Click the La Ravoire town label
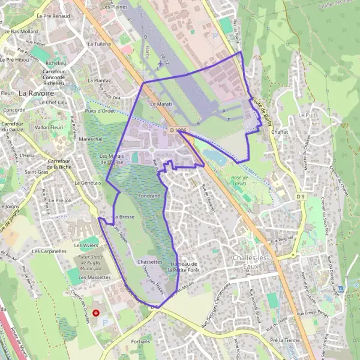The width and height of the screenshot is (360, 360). tap(38, 93)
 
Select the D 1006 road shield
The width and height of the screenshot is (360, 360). tap(178, 130)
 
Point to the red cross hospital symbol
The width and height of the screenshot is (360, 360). tap(95, 313)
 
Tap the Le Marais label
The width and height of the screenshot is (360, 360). tap(161, 104)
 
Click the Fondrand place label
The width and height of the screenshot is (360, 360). tap(149, 196)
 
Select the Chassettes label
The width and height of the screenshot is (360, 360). tap(149, 262)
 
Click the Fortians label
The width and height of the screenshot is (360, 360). tap(140, 341)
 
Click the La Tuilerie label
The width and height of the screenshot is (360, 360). tap(100, 44)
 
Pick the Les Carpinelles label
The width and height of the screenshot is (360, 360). tap(49, 251)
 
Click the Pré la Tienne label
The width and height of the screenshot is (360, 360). tap(284, 340)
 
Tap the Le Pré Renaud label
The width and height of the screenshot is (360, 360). tap(53, 16)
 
